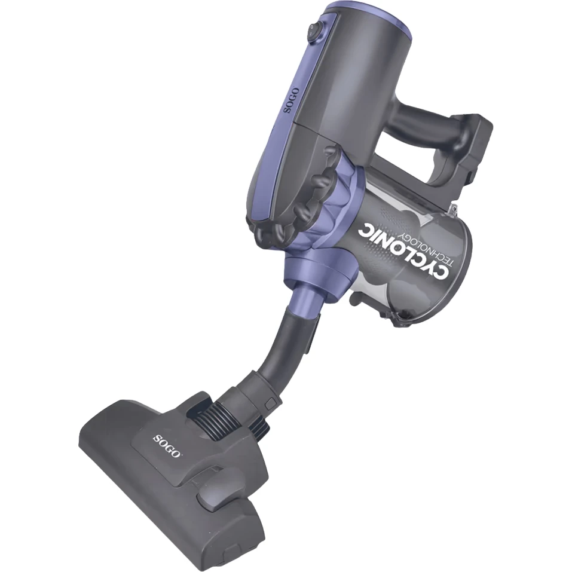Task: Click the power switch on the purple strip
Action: coord(313,31)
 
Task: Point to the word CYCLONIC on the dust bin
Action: coord(404,252)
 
